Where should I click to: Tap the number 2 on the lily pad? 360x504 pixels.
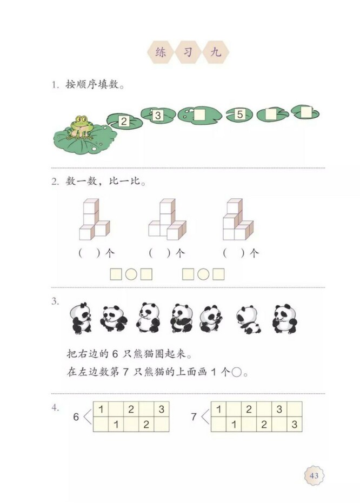[x=124, y=121]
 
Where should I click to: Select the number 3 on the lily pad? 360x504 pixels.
[x=157, y=115]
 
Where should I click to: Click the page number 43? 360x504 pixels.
[x=314, y=475]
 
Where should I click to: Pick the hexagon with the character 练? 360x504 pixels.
[x=160, y=52]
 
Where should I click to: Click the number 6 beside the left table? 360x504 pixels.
[x=76, y=417]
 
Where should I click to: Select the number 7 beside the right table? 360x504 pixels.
[x=194, y=417]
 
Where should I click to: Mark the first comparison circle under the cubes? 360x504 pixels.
[x=131, y=274]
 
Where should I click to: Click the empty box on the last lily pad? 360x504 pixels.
[x=306, y=112]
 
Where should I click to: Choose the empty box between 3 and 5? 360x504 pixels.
[x=199, y=115]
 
